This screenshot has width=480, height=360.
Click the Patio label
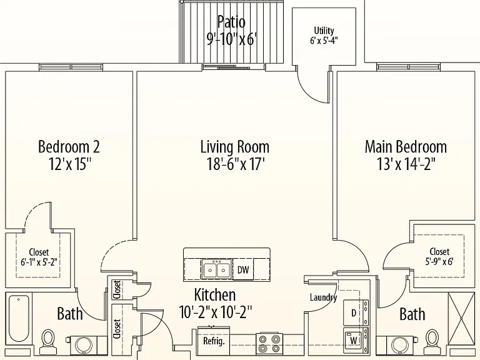[x=231, y=22]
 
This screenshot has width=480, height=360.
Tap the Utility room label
[x=324, y=31]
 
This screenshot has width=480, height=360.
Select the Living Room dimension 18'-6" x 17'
[x=236, y=164]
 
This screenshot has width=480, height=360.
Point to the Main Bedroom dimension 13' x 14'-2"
[x=406, y=164]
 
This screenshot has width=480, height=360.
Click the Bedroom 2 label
[x=69, y=146]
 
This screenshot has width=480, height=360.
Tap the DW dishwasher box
[x=243, y=270]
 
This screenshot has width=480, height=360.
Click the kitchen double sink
[x=216, y=270]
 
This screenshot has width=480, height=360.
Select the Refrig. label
[x=214, y=341]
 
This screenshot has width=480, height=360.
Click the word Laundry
[x=323, y=297]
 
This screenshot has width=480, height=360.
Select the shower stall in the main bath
[x=461, y=319]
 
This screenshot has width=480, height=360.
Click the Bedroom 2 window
[x=71, y=67]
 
